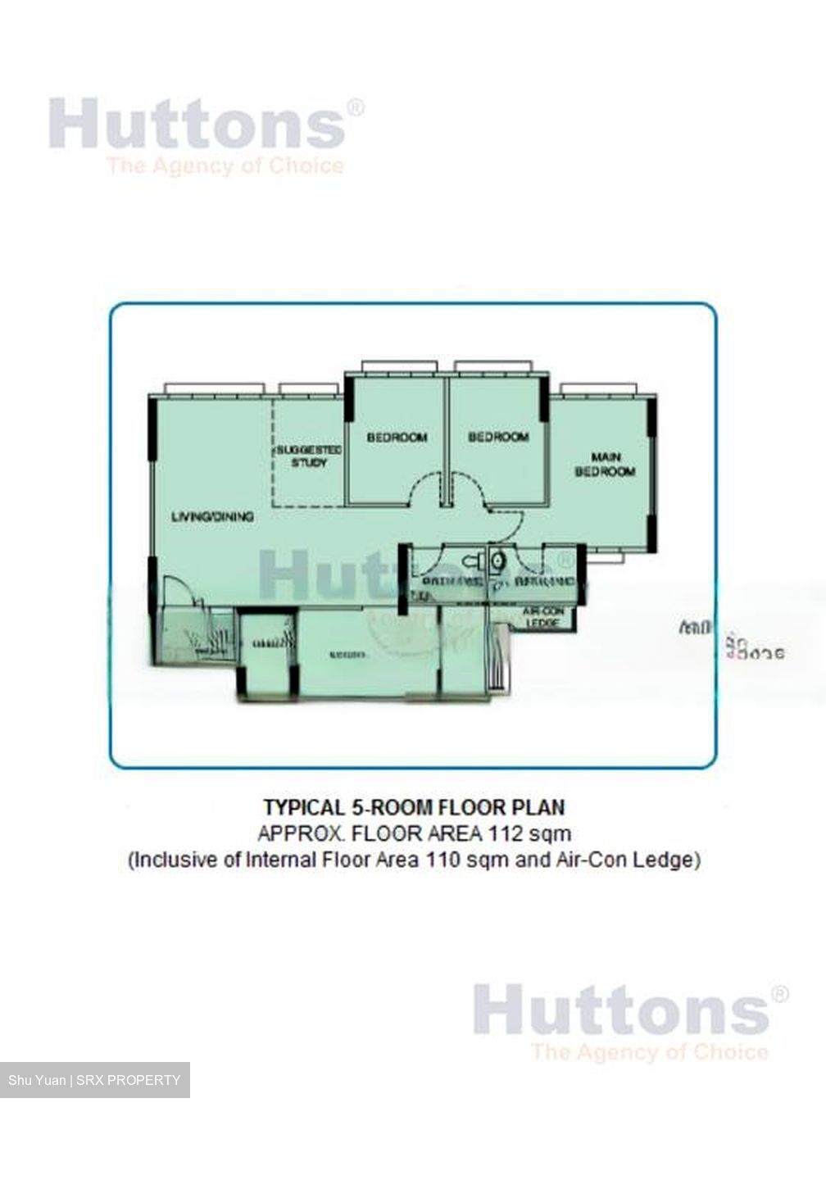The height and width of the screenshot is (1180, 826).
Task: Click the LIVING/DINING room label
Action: [212, 516]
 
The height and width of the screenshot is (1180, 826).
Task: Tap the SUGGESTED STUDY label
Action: [309, 456]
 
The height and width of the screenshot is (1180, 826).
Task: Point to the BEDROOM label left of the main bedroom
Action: [498, 438]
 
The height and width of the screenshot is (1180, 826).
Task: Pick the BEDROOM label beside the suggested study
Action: [397, 438]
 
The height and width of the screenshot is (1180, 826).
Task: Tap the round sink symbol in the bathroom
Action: [497, 562]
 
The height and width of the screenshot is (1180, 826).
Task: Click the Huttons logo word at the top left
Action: [197, 125]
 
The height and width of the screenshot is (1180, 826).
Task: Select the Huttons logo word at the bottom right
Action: [621, 1010]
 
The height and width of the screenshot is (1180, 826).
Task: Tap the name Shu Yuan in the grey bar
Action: [37, 1080]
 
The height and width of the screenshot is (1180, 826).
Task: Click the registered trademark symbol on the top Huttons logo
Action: [355, 108]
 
